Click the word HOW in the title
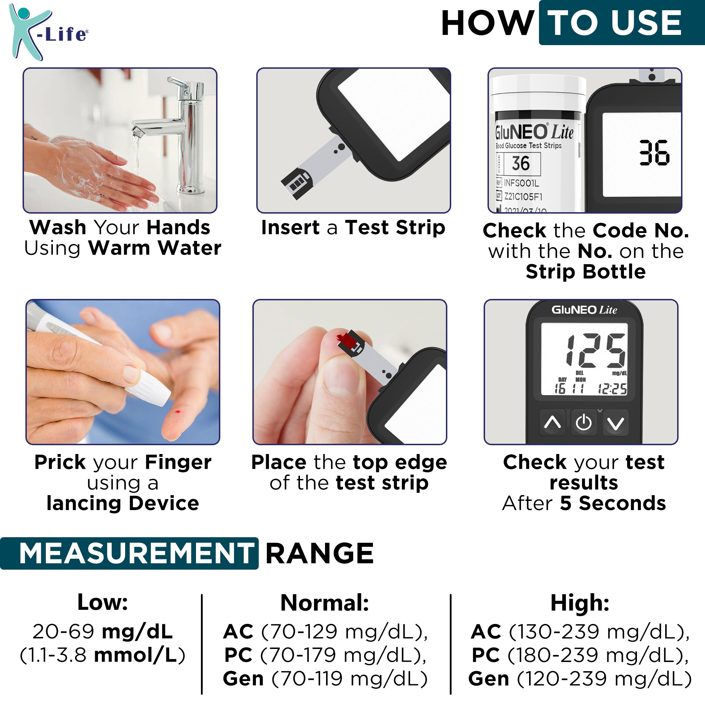click(487, 23)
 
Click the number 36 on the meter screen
click(654, 153)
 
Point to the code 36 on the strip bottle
click(520, 163)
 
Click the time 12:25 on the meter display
click(612, 389)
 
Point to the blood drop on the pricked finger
click(178, 412)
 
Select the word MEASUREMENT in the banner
click(136, 553)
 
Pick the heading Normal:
click(324, 603)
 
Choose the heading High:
click(580, 603)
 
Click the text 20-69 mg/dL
click(103, 632)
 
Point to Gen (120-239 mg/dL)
click(580, 679)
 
